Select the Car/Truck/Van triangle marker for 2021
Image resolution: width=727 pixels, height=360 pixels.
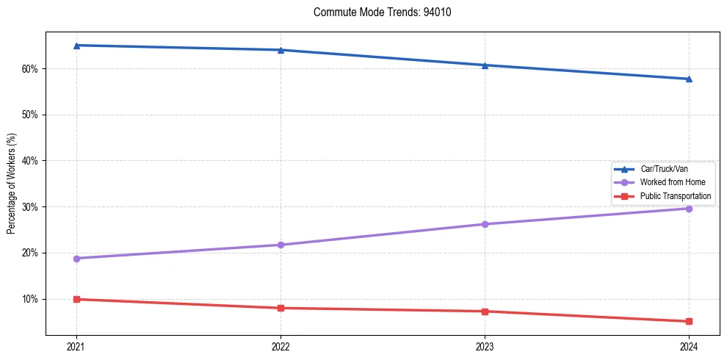point(76,46)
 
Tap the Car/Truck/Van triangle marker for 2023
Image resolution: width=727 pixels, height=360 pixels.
point(485,65)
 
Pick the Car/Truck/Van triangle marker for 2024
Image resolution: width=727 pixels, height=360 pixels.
point(689,79)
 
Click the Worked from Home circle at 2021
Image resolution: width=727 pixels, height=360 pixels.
point(76,259)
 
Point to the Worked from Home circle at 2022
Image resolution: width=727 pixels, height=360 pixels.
point(281,245)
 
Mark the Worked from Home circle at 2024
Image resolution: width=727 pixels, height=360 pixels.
point(689,209)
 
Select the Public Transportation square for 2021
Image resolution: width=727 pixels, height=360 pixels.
point(76,299)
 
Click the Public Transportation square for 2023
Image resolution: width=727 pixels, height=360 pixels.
point(485,312)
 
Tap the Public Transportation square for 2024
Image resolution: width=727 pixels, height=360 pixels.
point(689,321)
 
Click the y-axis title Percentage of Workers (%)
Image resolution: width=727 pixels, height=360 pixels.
point(11,184)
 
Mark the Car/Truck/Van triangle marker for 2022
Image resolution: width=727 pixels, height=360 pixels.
point(281,50)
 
